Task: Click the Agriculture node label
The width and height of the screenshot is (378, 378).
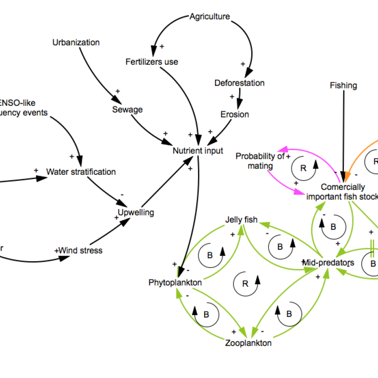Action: pyautogui.click(x=210, y=17)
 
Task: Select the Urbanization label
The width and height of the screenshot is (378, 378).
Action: pyautogui.click(x=76, y=43)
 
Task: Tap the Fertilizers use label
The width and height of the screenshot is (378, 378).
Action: pyautogui.click(x=152, y=62)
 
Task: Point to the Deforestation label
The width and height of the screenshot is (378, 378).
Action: pyautogui.click(x=240, y=83)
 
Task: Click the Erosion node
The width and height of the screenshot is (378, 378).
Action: pyautogui.click(x=235, y=114)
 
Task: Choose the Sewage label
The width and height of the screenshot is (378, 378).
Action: pyautogui.click(x=128, y=110)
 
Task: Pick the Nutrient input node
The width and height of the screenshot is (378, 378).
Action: pyautogui.click(x=198, y=151)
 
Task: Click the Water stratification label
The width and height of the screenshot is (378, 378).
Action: pyautogui.click(x=81, y=172)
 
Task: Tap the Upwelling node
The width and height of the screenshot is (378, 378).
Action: pyautogui.click(x=136, y=212)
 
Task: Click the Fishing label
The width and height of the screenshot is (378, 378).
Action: pyautogui.click(x=344, y=86)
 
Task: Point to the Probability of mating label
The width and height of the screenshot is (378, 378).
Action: pyautogui.click(x=260, y=161)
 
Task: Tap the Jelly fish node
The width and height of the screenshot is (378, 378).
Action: pyautogui.click(x=241, y=220)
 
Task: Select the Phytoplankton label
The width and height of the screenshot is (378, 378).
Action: pyautogui.click(x=175, y=283)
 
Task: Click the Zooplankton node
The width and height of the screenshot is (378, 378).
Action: pyautogui.click(x=249, y=343)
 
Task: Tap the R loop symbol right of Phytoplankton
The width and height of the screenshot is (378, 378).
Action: pyautogui.click(x=246, y=283)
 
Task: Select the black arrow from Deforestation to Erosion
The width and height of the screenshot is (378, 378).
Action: pyautogui.click(x=240, y=99)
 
